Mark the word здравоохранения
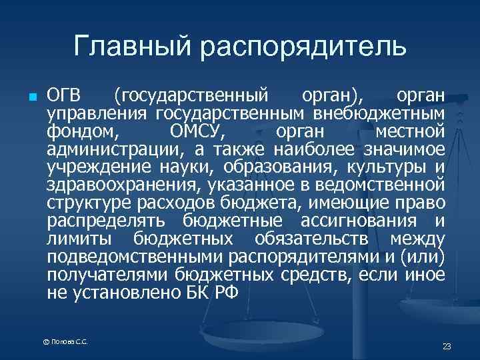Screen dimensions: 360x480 (124, 181)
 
